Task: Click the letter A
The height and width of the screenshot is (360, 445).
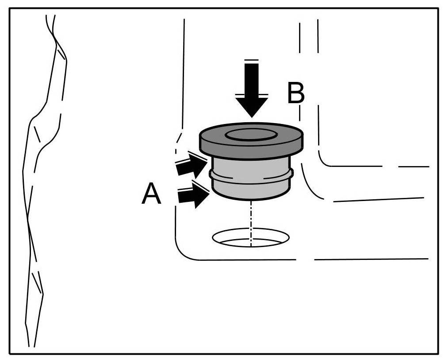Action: pyautogui.click(x=151, y=195)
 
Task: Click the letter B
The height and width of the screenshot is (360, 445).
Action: pyautogui.click(x=296, y=93)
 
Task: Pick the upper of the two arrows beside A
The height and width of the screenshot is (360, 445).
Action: pyautogui.click(x=191, y=165)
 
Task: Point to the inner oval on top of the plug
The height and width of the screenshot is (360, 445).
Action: pyautogui.click(x=250, y=135)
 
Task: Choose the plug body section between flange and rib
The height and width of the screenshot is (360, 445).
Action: pyautogui.click(x=251, y=166)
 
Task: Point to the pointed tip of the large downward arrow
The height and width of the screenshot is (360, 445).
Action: pyautogui.click(x=251, y=116)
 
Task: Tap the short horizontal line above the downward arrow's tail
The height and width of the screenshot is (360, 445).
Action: pyautogui.click(x=251, y=60)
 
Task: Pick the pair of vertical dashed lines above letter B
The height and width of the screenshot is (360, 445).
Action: pyautogui.click(x=309, y=38)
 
